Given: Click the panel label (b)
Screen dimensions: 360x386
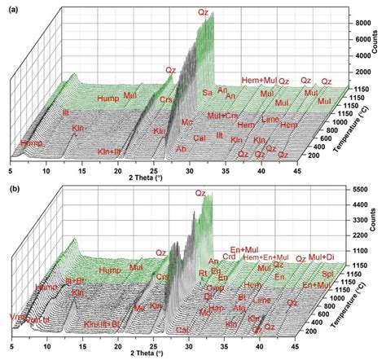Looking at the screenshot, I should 10,189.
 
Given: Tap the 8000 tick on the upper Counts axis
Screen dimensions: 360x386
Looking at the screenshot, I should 356,24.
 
